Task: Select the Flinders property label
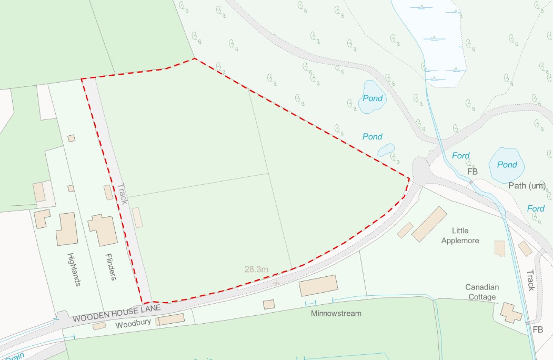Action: coord(110,267)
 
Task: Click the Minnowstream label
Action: coord(336,313)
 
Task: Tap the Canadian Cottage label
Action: coord(482,292)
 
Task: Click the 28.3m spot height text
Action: coord(256,269)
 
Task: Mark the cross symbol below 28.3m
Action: coord(275,283)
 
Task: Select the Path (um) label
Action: coord(527,185)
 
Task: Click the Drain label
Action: coord(16,356)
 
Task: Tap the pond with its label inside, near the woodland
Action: coord(373,98)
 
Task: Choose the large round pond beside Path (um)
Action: coord(507,165)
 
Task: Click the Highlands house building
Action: coord(67,229)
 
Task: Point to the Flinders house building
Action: coord(103,230)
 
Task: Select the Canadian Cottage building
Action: coord(511,312)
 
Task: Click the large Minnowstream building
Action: coord(318,286)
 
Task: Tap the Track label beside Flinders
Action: coord(124,194)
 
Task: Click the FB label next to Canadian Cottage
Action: coord(537,329)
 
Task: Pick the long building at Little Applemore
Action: coord(429,224)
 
